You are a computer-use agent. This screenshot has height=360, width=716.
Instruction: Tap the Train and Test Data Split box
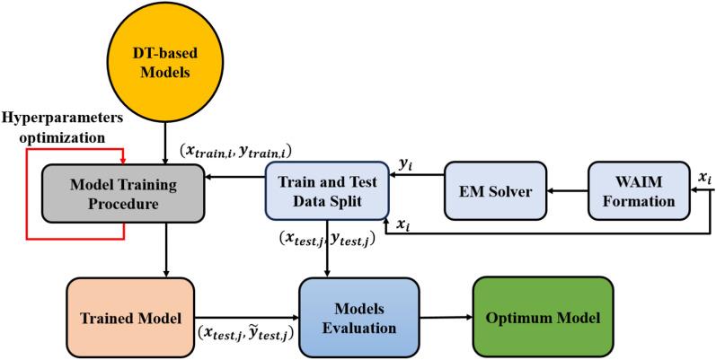[324, 190]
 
